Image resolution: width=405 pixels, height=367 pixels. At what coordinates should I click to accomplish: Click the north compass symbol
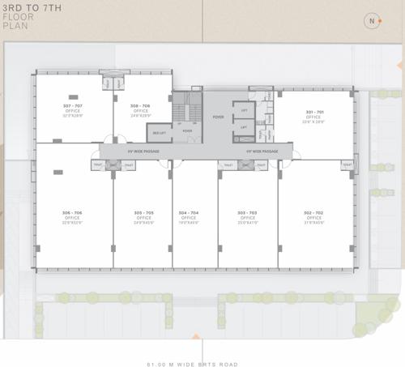tap(371, 22)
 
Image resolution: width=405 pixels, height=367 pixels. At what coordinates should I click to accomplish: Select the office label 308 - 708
tap(139, 107)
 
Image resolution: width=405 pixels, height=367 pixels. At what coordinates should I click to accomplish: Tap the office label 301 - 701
tap(313, 112)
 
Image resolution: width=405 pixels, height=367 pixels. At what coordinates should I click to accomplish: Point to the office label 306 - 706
tap(71, 212)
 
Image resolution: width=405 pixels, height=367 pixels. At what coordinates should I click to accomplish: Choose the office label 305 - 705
tap(144, 212)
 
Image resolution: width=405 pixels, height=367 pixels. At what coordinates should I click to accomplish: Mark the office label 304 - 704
tap(189, 212)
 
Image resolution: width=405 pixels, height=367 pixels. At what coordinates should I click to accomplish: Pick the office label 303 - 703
tap(247, 212)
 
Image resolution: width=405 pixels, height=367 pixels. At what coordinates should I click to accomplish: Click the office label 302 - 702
tap(313, 212)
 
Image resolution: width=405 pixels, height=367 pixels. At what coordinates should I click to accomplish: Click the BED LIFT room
tap(160, 131)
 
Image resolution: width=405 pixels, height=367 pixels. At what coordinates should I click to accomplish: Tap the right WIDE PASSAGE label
tap(261, 151)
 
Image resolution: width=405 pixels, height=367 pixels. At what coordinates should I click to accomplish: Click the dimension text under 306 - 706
tap(71, 222)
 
